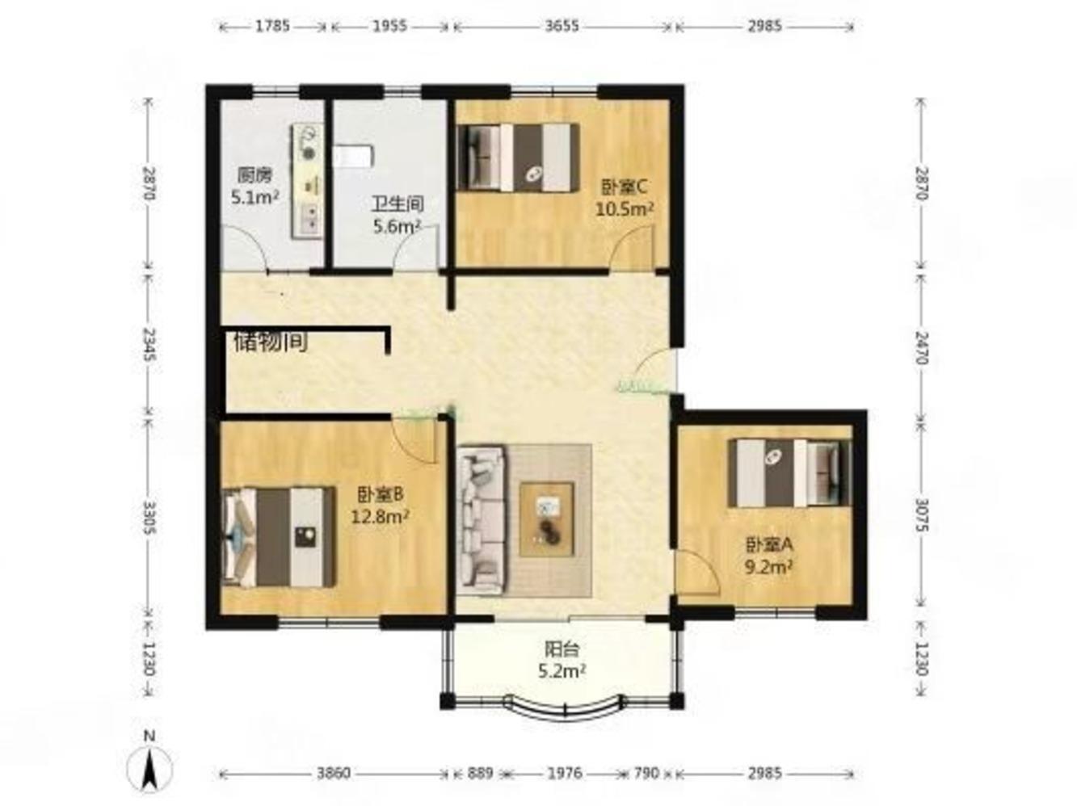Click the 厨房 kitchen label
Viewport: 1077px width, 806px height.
[255, 175]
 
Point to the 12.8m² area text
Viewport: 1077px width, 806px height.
[381, 516]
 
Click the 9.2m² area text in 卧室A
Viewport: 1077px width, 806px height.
[769, 567]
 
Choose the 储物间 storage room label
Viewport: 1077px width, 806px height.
[271, 342]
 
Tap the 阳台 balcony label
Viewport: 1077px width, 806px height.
[562, 649]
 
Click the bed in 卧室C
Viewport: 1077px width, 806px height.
[517, 157]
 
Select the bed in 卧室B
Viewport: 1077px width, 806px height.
[279, 537]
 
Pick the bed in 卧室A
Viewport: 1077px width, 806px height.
[789, 472]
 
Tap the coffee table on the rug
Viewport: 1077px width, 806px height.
[547, 519]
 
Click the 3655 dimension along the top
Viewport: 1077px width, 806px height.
[562, 26]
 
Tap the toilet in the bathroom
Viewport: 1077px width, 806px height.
[354, 156]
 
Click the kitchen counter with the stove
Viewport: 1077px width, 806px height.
[308, 182]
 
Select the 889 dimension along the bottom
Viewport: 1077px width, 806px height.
[479, 773]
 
